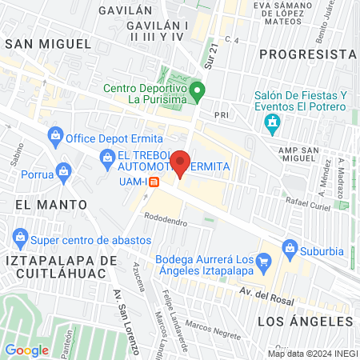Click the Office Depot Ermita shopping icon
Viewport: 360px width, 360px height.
(x=55, y=137)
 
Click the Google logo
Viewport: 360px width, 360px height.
(x=26, y=350)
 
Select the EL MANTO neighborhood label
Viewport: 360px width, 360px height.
(x=50, y=205)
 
